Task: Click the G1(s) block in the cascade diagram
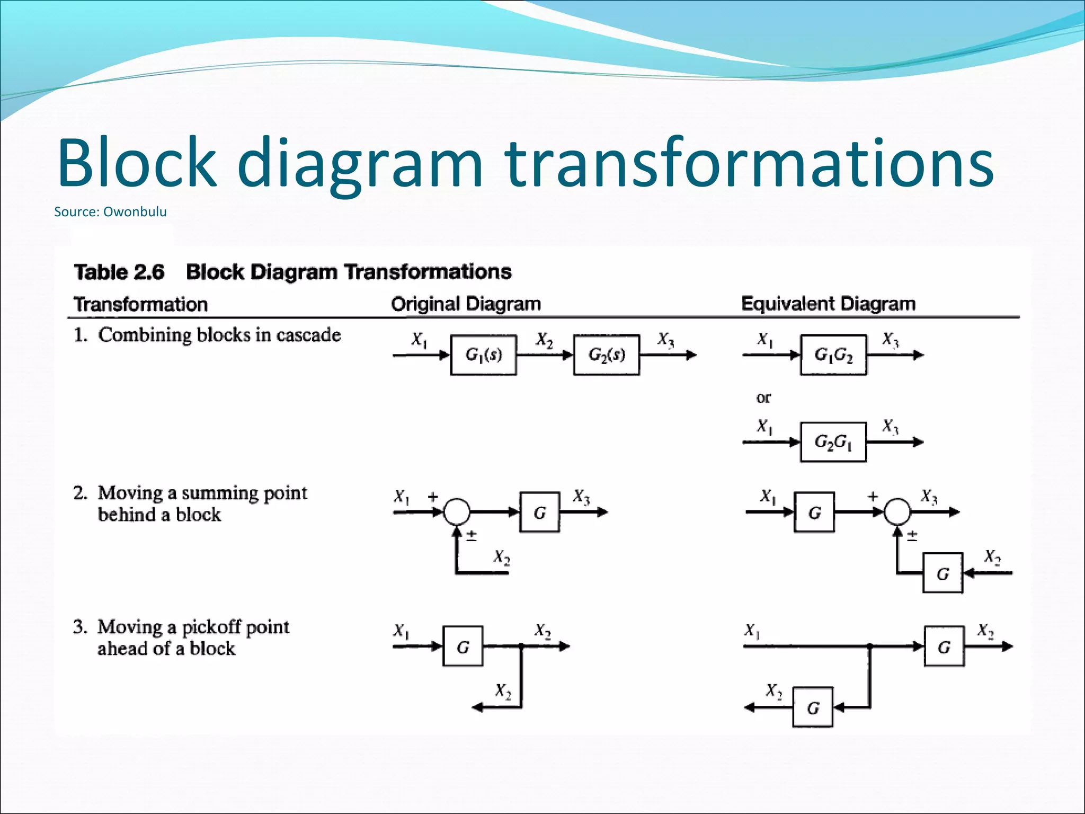483,355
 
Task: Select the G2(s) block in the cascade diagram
607,355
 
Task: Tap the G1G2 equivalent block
833,355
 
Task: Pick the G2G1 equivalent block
833,442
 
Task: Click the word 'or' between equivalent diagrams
763,397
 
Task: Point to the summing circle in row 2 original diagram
457,512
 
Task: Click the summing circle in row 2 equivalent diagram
897,512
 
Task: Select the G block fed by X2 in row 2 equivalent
942,573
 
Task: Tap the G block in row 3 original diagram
463,646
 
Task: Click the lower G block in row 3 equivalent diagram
813,707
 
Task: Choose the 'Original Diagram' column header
466,304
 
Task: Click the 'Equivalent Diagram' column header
828,304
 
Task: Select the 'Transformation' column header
140,304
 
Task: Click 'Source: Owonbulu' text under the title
110,212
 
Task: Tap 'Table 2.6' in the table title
119,272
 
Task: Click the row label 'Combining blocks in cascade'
219,335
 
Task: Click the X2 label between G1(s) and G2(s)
544,340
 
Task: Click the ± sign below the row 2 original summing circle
472,535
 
